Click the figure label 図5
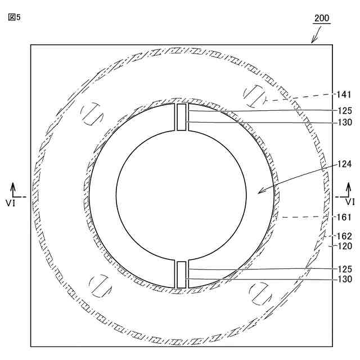tap(14, 17)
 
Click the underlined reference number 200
tap(322, 18)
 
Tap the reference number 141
tap(344, 94)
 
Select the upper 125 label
tap(345, 111)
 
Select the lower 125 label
tap(345, 269)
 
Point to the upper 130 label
tap(345, 123)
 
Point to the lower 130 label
tap(345, 279)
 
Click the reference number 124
tap(344, 164)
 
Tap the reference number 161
tap(344, 217)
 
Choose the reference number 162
tap(344, 236)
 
